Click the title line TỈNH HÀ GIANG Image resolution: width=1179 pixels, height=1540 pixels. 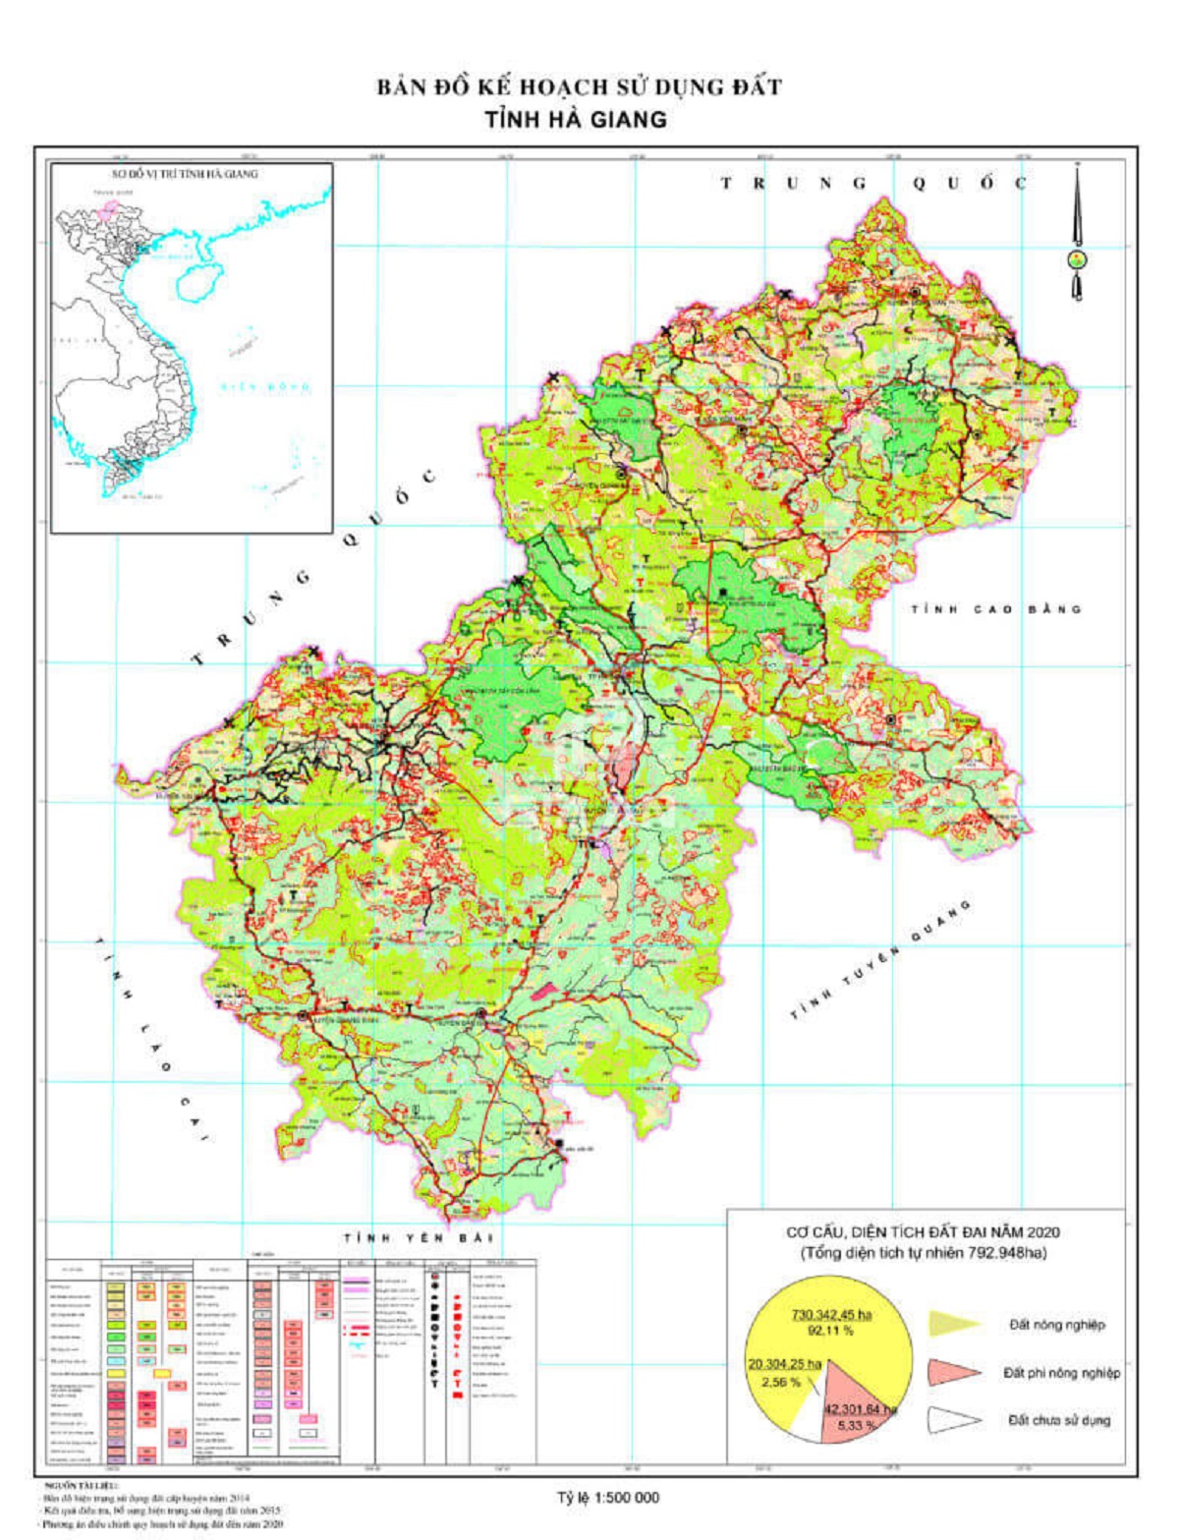(x=576, y=120)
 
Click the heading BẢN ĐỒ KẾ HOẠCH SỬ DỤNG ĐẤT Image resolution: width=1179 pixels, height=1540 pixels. (x=579, y=87)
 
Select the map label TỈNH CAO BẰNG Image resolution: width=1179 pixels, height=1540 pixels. (x=995, y=609)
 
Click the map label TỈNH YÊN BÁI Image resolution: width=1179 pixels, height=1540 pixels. (x=418, y=1237)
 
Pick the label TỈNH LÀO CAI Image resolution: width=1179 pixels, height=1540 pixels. (x=152, y=1038)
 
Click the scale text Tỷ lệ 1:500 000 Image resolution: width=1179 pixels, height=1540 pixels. (x=608, y=1498)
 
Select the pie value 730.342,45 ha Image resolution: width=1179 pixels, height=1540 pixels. (x=833, y=1314)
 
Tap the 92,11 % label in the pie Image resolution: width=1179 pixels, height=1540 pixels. (x=830, y=1331)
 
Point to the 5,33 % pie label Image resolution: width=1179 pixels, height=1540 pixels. (x=857, y=1424)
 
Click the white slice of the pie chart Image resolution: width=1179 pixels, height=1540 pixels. (x=808, y=1415)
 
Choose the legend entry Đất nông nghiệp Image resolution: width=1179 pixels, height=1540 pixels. (x=1056, y=1325)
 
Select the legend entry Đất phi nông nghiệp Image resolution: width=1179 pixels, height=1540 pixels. (x=1060, y=1372)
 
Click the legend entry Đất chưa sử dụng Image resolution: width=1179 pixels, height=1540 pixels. (x=1058, y=1420)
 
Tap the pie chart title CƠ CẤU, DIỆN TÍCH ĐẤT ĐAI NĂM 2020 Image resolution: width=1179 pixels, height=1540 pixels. (x=923, y=1231)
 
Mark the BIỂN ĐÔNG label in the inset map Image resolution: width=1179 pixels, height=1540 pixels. (x=265, y=386)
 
